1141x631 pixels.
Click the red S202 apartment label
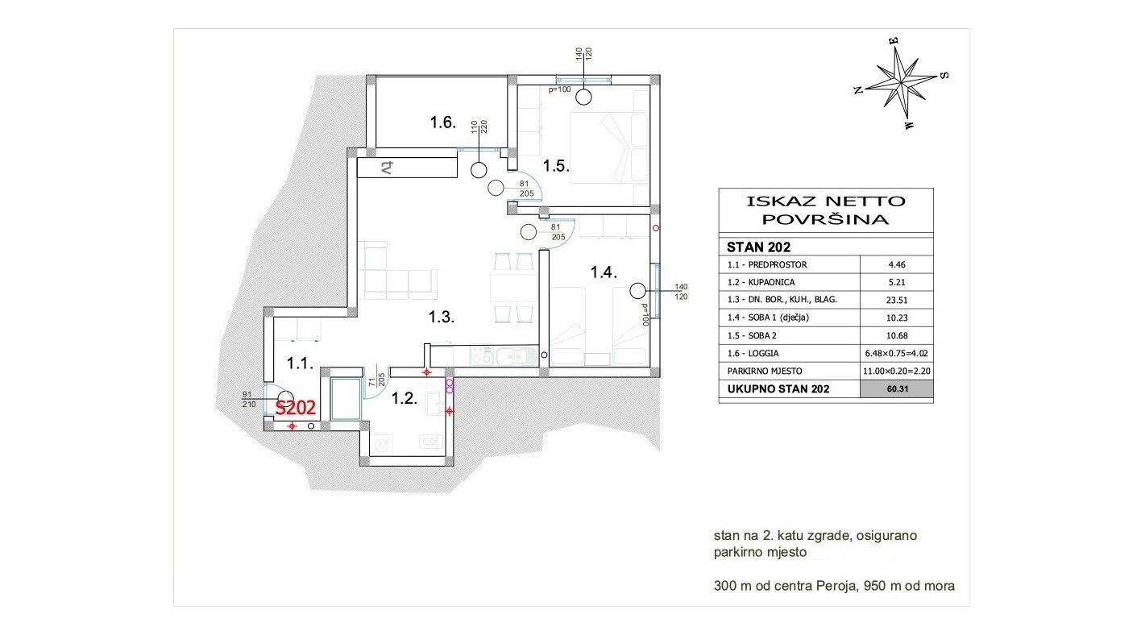(x=296, y=408)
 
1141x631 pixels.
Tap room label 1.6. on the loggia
(x=442, y=122)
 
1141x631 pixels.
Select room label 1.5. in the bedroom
(x=556, y=166)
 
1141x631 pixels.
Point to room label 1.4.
(x=604, y=272)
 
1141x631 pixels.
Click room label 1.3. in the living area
(x=441, y=318)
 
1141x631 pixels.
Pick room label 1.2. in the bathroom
(x=405, y=398)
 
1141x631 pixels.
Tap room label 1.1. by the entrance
(x=300, y=363)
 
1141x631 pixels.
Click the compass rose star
(x=901, y=82)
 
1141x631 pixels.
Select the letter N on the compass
(x=858, y=90)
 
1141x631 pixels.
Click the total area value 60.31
(x=897, y=389)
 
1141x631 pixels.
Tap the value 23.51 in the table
(x=897, y=300)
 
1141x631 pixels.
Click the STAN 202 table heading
(x=758, y=247)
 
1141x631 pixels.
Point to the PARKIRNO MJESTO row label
(x=765, y=372)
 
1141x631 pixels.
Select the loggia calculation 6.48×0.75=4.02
(x=897, y=354)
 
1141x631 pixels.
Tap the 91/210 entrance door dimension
(x=248, y=399)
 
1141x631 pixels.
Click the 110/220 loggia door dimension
(x=479, y=127)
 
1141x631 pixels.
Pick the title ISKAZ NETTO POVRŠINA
(x=826, y=210)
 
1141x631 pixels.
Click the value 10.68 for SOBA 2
(x=897, y=335)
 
